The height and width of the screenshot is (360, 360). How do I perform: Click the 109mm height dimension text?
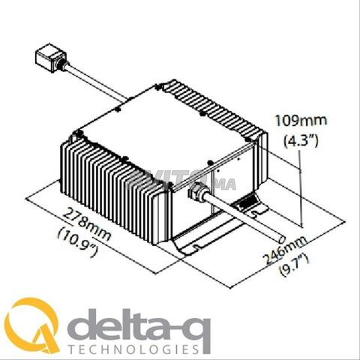tap(301, 121)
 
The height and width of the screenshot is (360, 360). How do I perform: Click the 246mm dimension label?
tap(285, 250)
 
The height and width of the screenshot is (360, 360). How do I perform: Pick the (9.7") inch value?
tap(294, 265)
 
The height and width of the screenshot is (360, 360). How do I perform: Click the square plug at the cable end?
tap(51, 58)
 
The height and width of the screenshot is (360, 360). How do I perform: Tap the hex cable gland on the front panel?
tap(197, 190)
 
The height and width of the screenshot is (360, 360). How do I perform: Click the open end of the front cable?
tap(281, 239)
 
